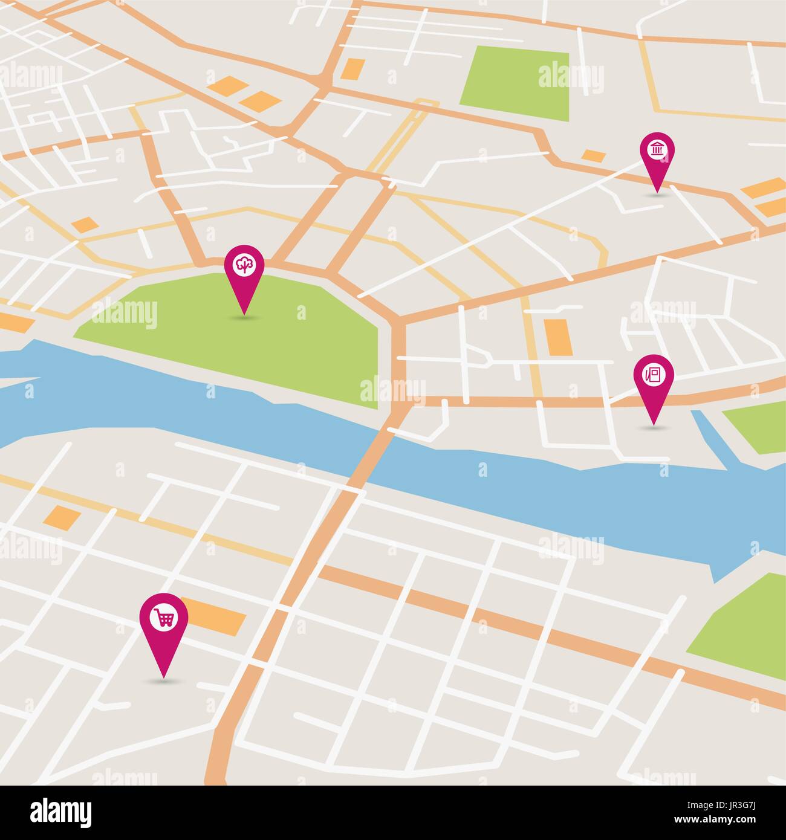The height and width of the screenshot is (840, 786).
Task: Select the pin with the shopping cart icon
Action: (x=164, y=619)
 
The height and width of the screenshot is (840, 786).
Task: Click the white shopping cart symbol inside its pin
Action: (x=164, y=617)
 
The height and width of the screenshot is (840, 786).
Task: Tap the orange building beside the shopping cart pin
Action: (x=215, y=616)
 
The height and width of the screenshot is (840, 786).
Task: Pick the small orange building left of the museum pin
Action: (x=594, y=156)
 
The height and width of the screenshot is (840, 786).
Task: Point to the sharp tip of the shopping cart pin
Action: (x=163, y=676)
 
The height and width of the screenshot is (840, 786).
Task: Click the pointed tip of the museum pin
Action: (x=657, y=192)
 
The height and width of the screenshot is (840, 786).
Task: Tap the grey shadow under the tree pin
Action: (x=244, y=317)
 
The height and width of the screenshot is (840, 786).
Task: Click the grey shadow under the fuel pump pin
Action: (x=654, y=427)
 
